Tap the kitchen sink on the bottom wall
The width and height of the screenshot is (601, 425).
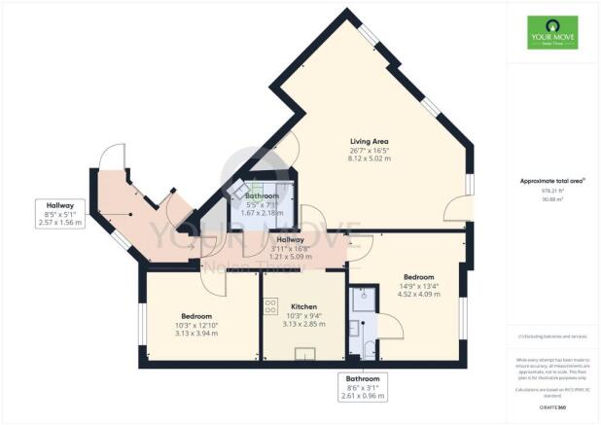tap(313, 353)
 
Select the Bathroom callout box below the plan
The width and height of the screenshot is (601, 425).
tap(363, 387)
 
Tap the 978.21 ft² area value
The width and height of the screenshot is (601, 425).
tap(552, 192)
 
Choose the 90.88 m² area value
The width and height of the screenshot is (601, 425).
tap(552, 199)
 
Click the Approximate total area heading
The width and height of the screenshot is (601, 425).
tap(551, 182)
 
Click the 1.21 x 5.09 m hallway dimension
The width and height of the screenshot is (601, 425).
tap(290, 258)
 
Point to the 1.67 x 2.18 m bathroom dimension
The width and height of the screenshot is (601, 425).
tap(263, 212)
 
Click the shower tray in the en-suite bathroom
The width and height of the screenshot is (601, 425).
tap(358, 296)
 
